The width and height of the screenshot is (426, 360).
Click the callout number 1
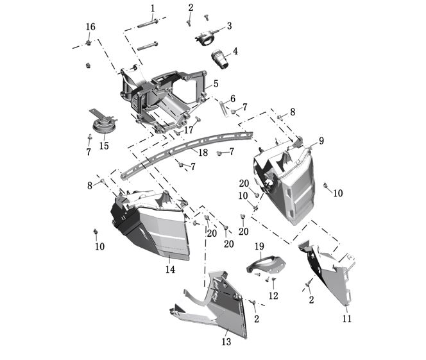click(x=153, y=8)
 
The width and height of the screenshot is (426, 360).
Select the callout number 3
click(x=229, y=26)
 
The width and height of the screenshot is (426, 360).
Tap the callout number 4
click(x=235, y=51)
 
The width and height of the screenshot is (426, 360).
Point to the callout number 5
click(x=216, y=83)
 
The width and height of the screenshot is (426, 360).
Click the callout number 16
click(x=90, y=27)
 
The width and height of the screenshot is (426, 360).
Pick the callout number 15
click(x=104, y=146)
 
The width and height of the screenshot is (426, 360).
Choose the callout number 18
click(x=203, y=153)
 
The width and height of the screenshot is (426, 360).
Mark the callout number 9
click(x=321, y=141)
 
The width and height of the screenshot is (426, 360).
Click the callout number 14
click(x=171, y=270)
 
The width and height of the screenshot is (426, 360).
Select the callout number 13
click(x=226, y=341)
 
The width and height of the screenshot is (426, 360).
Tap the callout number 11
click(x=346, y=318)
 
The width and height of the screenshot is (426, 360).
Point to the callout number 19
click(x=259, y=246)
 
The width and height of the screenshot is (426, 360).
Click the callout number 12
click(x=273, y=295)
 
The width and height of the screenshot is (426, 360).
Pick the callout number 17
click(x=189, y=130)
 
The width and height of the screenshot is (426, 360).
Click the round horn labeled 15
click(x=103, y=123)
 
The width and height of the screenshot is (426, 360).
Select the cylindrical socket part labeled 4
click(x=220, y=59)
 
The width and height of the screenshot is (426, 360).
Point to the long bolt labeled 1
click(x=148, y=24)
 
